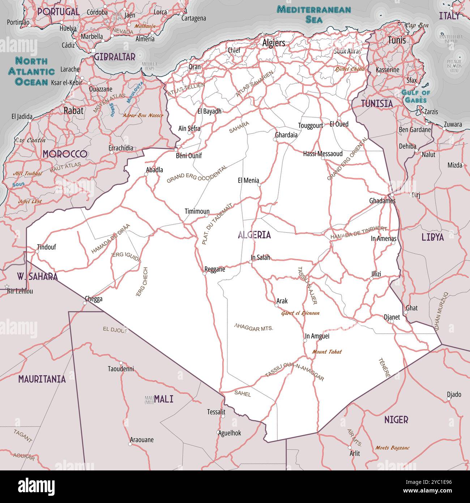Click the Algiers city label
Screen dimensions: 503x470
click(x=274, y=43)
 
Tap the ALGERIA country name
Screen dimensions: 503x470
click(x=254, y=235)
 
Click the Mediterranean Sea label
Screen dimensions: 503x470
click(x=313, y=14)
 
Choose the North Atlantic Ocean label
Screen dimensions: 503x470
click(x=31, y=71)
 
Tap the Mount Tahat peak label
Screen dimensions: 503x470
click(x=326, y=351)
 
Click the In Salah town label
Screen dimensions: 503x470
click(x=260, y=258)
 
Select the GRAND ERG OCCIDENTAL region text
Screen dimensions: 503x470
click(x=197, y=174)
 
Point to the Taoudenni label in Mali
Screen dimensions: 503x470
click(x=121, y=369)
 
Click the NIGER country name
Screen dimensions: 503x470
click(x=396, y=420)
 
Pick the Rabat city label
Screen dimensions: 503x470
click(x=73, y=110)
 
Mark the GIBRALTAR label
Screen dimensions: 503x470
click(x=115, y=57)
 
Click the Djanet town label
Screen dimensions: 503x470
click(x=392, y=317)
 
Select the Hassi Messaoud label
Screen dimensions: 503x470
click(x=322, y=153)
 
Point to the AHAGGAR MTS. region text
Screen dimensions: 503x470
click(x=254, y=328)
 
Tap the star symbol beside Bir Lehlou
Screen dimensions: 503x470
click(x=7, y=287)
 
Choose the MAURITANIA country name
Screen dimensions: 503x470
click(x=42, y=379)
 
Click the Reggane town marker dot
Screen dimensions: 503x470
click(x=204, y=274)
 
